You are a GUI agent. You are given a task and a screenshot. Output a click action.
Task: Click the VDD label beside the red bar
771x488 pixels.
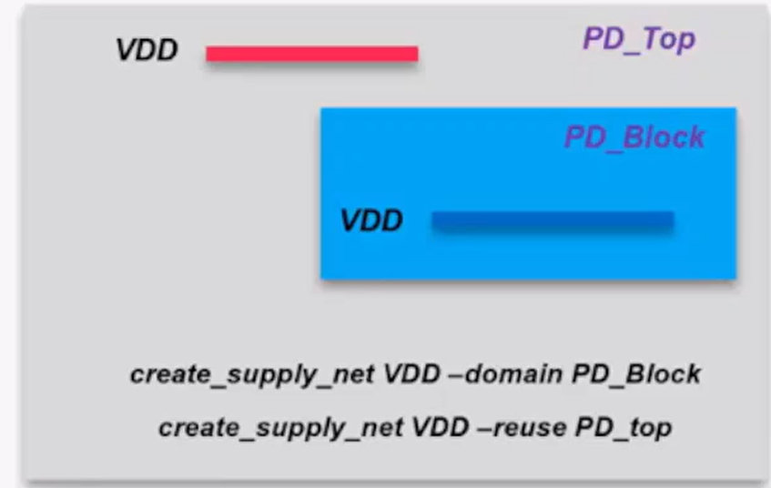coord(147,50)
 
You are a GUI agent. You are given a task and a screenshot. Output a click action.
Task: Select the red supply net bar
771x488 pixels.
coord(312,54)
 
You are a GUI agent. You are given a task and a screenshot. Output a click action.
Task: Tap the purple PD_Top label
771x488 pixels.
coord(639,39)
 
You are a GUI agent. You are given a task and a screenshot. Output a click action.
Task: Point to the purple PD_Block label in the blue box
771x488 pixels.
coord(634,137)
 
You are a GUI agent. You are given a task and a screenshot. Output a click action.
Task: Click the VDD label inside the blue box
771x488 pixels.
coord(371,220)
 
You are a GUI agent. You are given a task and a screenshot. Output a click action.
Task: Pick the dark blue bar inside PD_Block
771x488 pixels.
coord(553,219)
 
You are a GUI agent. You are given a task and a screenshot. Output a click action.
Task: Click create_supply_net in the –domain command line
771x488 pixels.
coord(252,375)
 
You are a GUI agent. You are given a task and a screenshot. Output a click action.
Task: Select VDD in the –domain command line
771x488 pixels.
coord(411,374)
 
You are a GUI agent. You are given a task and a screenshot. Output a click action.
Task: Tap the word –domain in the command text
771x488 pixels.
coord(506,374)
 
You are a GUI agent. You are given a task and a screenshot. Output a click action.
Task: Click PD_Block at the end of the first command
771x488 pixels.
coord(636,374)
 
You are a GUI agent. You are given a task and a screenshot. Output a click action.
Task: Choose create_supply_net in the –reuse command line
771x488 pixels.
coord(280,428)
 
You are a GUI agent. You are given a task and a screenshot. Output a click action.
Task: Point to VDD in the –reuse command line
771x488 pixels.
coord(440,427)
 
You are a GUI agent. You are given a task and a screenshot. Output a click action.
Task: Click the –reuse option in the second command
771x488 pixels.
coord(522,428)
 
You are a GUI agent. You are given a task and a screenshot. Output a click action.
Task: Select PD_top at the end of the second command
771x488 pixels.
coord(624,428)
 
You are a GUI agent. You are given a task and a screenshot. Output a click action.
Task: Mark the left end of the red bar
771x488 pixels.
coord(207,54)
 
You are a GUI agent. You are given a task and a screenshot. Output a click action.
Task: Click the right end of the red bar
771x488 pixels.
coord(418,54)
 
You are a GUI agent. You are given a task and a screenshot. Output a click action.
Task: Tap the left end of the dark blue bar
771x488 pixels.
coord(431,219)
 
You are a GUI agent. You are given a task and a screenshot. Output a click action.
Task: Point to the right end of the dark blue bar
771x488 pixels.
coord(674,219)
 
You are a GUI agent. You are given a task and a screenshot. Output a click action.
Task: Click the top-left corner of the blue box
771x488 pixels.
coord(320,107)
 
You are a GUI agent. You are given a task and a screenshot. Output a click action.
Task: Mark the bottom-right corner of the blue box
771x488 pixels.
coord(736,280)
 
